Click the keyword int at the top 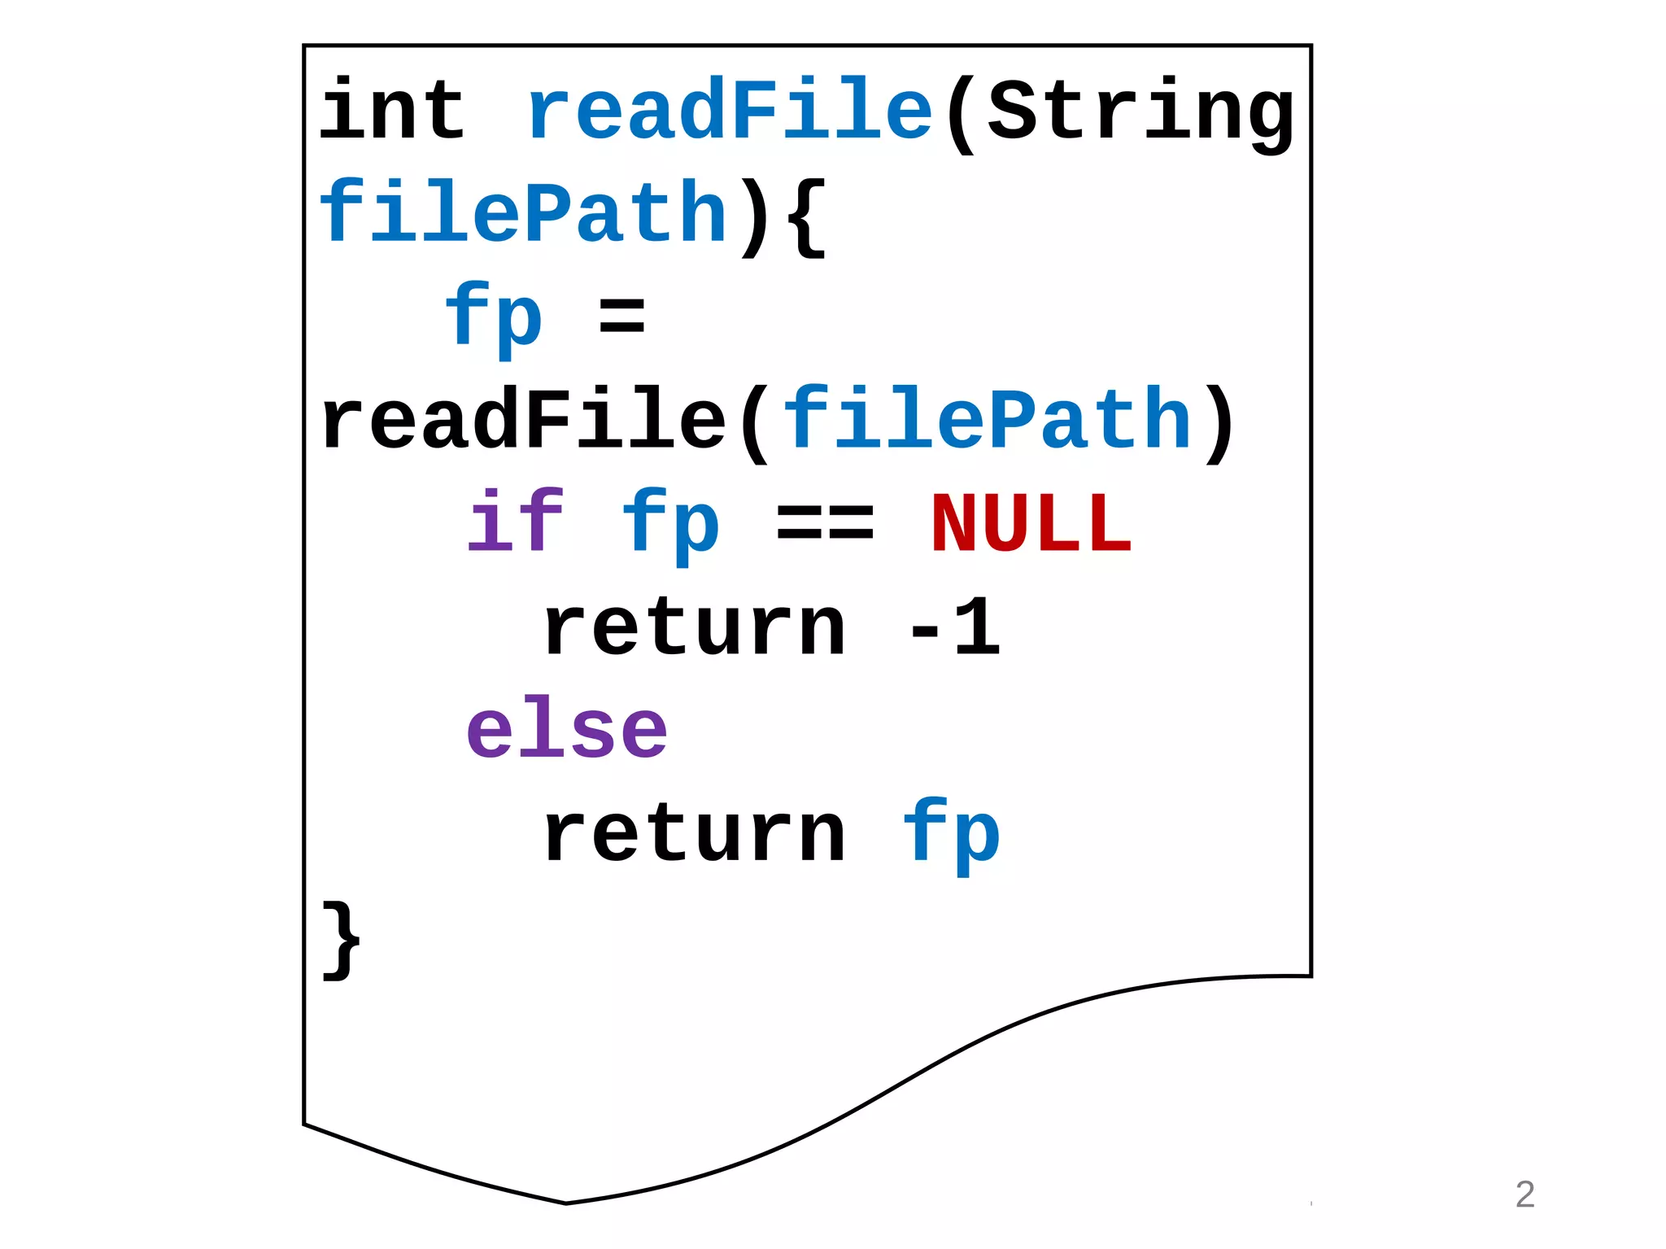pos(391,111)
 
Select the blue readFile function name pos(729,111)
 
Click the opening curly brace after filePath pos(808,216)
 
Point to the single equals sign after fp pos(622,317)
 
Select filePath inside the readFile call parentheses pos(987,421)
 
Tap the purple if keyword pos(515,522)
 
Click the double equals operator pos(825,524)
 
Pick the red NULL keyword pos(1031,524)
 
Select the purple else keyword pos(567,730)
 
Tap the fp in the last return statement pos(951,836)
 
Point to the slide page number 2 pos(1524,1194)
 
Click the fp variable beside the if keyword pos(671,524)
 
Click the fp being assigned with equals pos(494,318)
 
